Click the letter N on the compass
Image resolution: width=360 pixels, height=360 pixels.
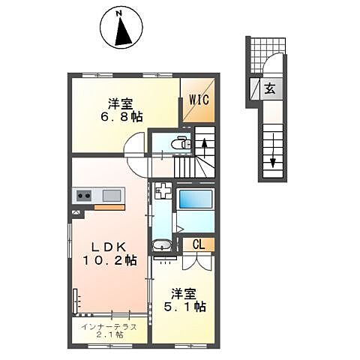click(x=119, y=13)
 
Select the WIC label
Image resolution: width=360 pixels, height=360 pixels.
click(x=199, y=100)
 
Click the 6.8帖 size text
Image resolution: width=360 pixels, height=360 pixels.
click(x=121, y=116)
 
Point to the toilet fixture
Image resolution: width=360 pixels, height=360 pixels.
click(x=181, y=143)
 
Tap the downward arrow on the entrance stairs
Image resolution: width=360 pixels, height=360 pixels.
click(x=273, y=151)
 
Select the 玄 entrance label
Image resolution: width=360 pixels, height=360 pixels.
click(x=270, y=88)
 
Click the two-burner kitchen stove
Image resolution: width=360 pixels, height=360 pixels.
click(x=84, y=195)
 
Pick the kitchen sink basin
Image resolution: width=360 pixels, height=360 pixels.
click(x=112, y=195)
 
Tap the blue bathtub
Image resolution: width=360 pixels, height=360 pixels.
click(x=196, y=199)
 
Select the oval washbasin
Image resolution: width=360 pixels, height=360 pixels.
click(x=162, y=245)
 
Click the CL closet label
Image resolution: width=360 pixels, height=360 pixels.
click(x=199, y=244)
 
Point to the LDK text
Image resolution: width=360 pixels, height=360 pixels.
click(x=109, y=247)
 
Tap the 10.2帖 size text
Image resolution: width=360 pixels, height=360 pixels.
click(x=109, y=260)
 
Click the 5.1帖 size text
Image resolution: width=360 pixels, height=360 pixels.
click(x=185, y=307)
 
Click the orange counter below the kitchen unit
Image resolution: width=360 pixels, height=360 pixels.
click(x=109, y=207)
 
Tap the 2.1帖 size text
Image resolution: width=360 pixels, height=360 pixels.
click(x=110, y=334)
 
